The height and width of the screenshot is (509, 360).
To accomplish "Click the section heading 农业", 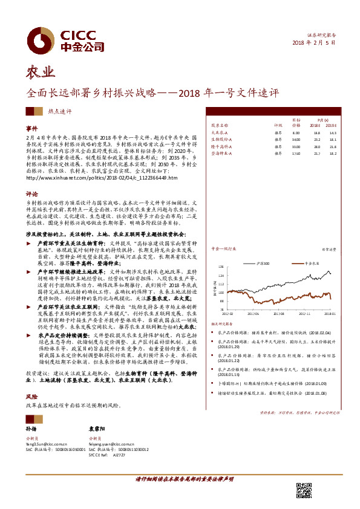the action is click(x=38, y=74).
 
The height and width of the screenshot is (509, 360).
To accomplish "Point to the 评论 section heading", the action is click(x=31, y=195).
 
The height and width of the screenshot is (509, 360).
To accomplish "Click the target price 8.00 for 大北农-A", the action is click(x=296, y=132).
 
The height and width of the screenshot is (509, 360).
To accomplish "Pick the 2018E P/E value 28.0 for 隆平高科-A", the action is click(x=316, y=147).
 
